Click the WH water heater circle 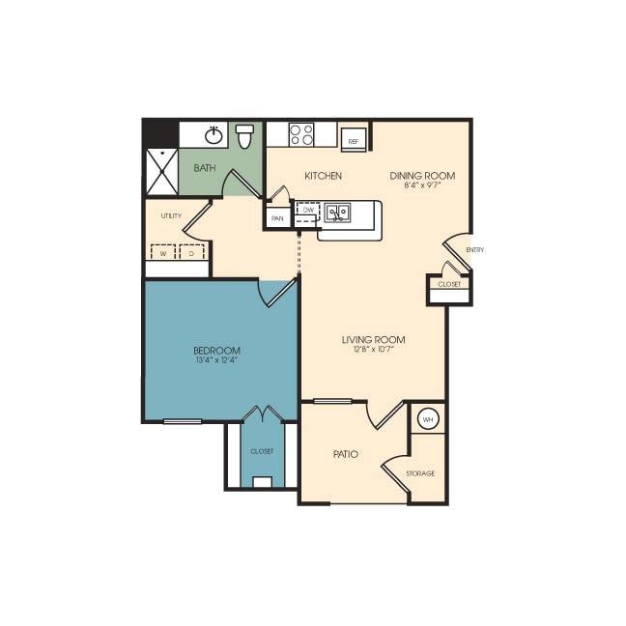[427, 419]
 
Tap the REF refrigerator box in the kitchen [354, 139]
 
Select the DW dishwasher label [307, 210]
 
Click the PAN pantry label [277, 218]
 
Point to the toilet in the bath [244, 136]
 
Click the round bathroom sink [213, 135]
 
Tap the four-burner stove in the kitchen [301, 134]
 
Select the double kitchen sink [337, 212]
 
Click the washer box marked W [163, 253]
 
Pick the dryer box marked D [192, 253]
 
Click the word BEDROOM [216, 350]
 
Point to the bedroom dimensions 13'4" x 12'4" [216, 360]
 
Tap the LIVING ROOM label [373, 339]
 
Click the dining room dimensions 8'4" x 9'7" [422, 185]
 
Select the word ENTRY [474, 250]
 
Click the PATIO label [346, 453]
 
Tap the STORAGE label [420, 473]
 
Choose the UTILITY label [172, 215]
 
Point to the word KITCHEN [323, 176]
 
